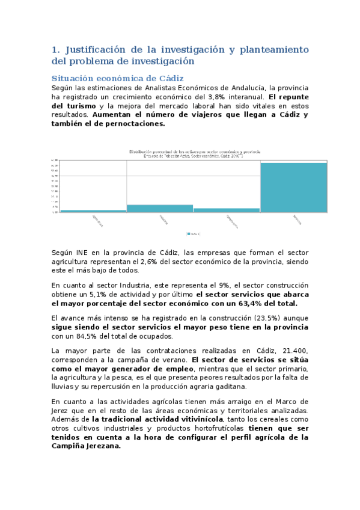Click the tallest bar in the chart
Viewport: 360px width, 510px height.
coord(293,187)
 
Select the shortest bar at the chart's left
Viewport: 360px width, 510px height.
coord(93,211)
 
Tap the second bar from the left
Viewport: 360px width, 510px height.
coord(160,208)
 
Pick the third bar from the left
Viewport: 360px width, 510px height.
coord(227,210)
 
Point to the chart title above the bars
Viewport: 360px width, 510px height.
coord(195,152)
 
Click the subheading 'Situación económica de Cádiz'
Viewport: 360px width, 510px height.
coord(117,79)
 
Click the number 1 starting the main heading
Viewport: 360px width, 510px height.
coord(55,49)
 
